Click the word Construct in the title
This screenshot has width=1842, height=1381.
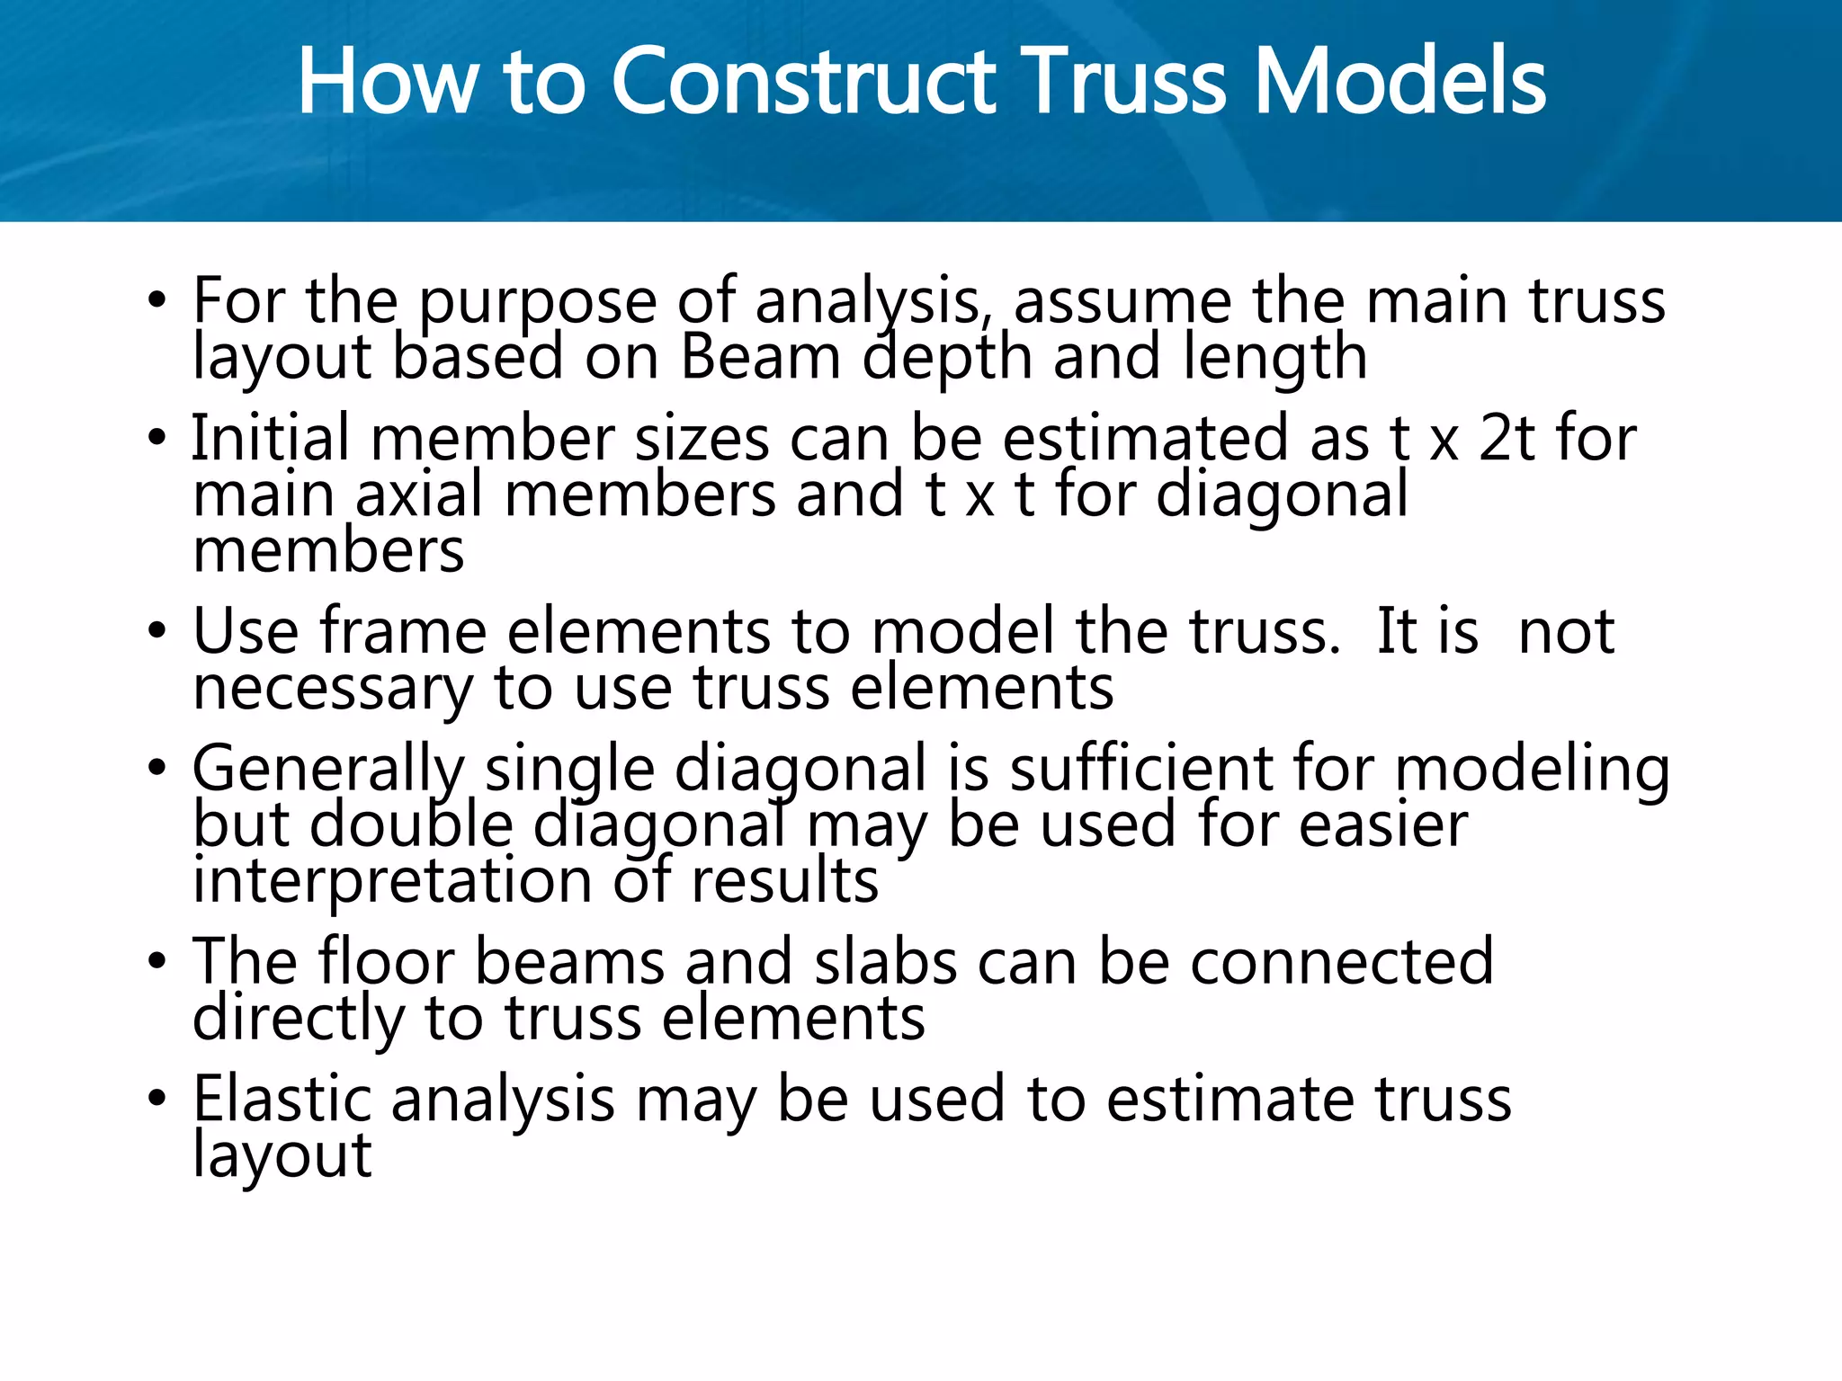pos(803,83)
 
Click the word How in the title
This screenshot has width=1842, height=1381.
pos(388,83)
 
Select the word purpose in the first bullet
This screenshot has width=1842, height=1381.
pos(538,304)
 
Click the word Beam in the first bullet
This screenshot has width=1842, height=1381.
pos(761,358)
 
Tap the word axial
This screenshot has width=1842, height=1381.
pos(419,496)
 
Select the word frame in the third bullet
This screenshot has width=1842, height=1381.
pos(404,632)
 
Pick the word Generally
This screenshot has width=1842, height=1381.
pos(328,771)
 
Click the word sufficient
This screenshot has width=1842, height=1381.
pos(1140,770)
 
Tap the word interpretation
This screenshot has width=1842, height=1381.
pos(392,881)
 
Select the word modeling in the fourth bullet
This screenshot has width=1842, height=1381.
pos(1533,771)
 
